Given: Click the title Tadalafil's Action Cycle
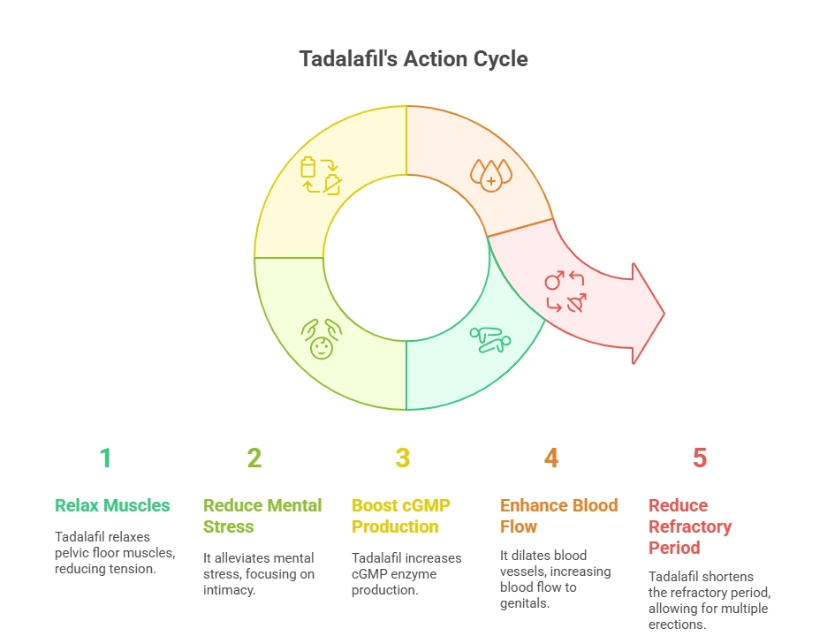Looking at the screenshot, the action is (x=413, y=59).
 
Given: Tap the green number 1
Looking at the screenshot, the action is (x=105, y=458).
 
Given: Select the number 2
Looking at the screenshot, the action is (x=254, y=458).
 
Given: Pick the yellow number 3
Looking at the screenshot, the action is (x=402, y=458).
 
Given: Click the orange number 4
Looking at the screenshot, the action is (x=551, y=458).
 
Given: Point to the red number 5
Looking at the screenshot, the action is (x=700, y=458).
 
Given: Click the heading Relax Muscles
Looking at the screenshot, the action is (x=112, y=505).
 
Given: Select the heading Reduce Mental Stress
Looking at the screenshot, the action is (x=262, y=516).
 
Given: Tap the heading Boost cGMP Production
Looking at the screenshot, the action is (x=401, y=516).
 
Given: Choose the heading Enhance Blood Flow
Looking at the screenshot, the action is (x=559, y=516).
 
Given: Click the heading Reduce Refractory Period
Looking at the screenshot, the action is (x=690, y=526).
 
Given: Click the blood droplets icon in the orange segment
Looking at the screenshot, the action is (x=491, y=175).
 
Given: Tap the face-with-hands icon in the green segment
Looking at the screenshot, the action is (x=322, y=339).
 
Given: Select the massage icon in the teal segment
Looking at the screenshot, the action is (x=490, y=339).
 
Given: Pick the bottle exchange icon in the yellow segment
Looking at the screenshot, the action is (x=321, y=176).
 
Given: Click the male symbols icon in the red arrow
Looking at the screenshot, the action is (x=565, y=291).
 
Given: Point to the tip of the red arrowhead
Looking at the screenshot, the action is (x=664, y=314).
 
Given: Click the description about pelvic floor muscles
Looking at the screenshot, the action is (x=115, y=553).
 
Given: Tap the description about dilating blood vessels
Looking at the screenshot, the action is (x=556, y=579).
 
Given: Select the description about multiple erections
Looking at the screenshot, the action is (x=709, y=600).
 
